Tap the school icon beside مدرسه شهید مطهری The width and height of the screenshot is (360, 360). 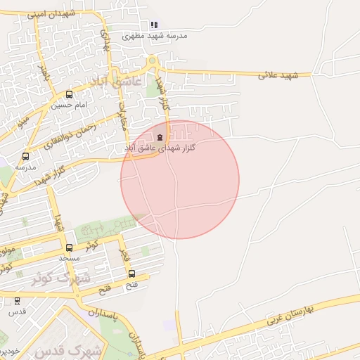(154, 25)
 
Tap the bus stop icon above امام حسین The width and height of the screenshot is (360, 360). (69, 94)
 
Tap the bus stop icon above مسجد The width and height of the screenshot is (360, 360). (69, 247)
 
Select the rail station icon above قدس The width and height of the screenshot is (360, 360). (18, 301)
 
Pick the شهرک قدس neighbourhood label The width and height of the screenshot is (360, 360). (70, 349)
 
